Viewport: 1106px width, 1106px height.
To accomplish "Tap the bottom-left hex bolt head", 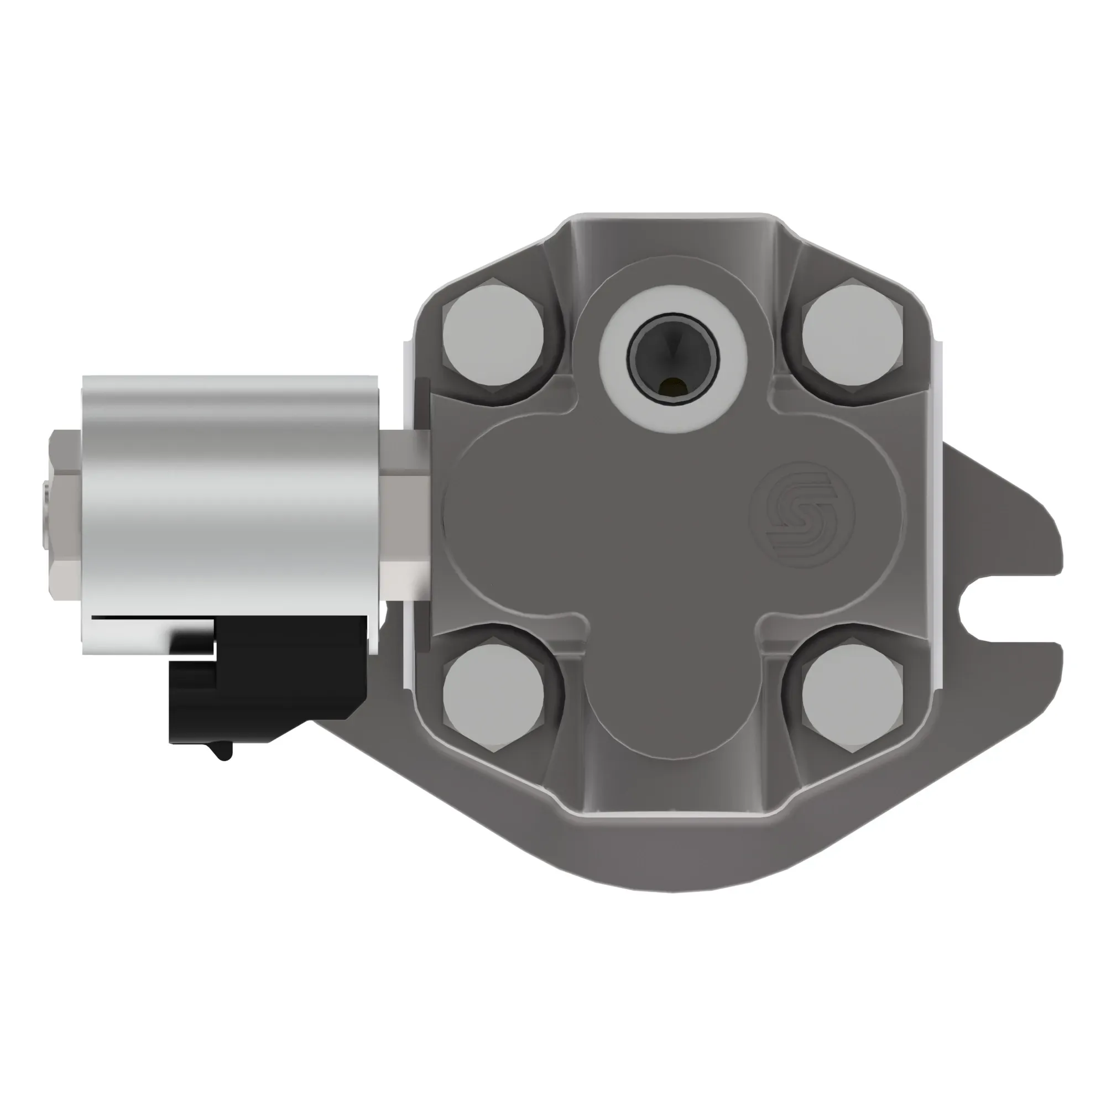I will (493, 696).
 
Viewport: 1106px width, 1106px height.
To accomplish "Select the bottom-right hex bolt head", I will (852, 696).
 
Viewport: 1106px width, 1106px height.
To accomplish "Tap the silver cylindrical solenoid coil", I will (229, 492).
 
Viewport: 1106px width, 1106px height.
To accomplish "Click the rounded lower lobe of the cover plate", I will (672, 716).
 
